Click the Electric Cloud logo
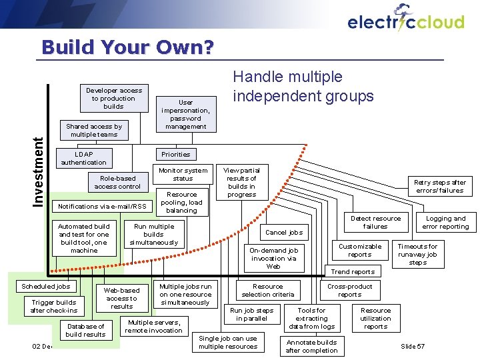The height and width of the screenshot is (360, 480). (405, 19)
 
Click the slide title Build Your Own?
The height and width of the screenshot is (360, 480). (127, 47)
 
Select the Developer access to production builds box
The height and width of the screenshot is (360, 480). (113, 98)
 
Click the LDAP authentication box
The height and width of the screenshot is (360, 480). (83, 158)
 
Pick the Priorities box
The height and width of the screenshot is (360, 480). (176, 154)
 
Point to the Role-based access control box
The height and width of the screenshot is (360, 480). (117, 182)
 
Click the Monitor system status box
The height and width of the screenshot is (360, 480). (183, 174)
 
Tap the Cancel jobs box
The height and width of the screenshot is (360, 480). (284, 233)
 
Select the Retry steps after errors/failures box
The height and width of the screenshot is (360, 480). (439, 186)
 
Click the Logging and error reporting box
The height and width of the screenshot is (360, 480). (445, 223)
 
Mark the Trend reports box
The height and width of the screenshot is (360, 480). (353, 271)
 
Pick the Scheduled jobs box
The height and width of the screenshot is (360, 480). (46, 286)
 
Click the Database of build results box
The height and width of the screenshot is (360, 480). (85, 330)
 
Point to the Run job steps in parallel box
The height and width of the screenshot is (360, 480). (251, 314)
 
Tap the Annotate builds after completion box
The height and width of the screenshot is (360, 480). (311, 346)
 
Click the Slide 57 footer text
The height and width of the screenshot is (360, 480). (413, 346)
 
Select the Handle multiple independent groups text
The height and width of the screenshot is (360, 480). (303, 87)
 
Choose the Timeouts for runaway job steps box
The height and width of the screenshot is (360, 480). (417, 254)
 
